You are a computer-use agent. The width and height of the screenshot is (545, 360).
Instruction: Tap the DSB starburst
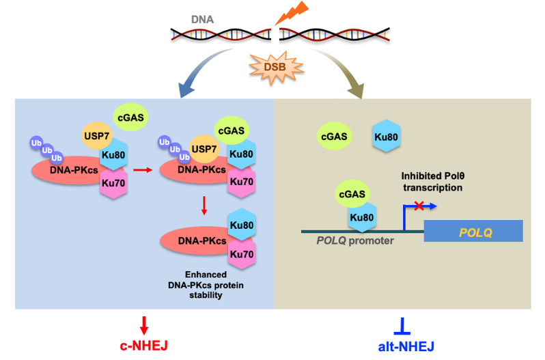coord(277,68)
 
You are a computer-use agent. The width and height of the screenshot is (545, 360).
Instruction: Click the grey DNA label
coord(202,19)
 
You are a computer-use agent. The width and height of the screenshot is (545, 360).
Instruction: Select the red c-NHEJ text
coord(144,346)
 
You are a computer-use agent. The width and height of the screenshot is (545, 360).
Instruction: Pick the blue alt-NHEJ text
coord(406,346)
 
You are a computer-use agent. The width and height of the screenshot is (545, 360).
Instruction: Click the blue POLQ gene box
coord(473,231)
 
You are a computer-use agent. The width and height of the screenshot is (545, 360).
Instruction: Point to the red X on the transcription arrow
coord(419,206)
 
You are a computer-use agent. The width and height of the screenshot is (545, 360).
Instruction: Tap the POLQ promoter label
coord(355,240)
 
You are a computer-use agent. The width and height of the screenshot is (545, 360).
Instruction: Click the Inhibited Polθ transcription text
coord(433,182)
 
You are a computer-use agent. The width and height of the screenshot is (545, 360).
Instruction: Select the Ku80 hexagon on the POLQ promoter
coord(362,217)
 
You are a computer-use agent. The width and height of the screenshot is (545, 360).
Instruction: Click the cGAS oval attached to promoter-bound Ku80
coord(352,194)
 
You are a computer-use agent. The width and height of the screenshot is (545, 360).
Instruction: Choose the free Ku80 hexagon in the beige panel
coord(386,137)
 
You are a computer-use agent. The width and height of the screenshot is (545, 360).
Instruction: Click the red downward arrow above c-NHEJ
coord(144,325)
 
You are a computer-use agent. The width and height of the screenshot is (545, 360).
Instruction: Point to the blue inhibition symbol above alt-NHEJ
coord(402,326)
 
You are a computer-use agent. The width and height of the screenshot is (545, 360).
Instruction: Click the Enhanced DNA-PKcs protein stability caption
coord(206,285)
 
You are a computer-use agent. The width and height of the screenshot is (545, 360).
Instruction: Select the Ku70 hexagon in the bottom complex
coord(242,254)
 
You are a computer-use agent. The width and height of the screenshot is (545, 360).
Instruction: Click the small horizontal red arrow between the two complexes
coord(143,170)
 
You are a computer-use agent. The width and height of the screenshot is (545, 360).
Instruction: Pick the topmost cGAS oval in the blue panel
coord(130,117)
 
